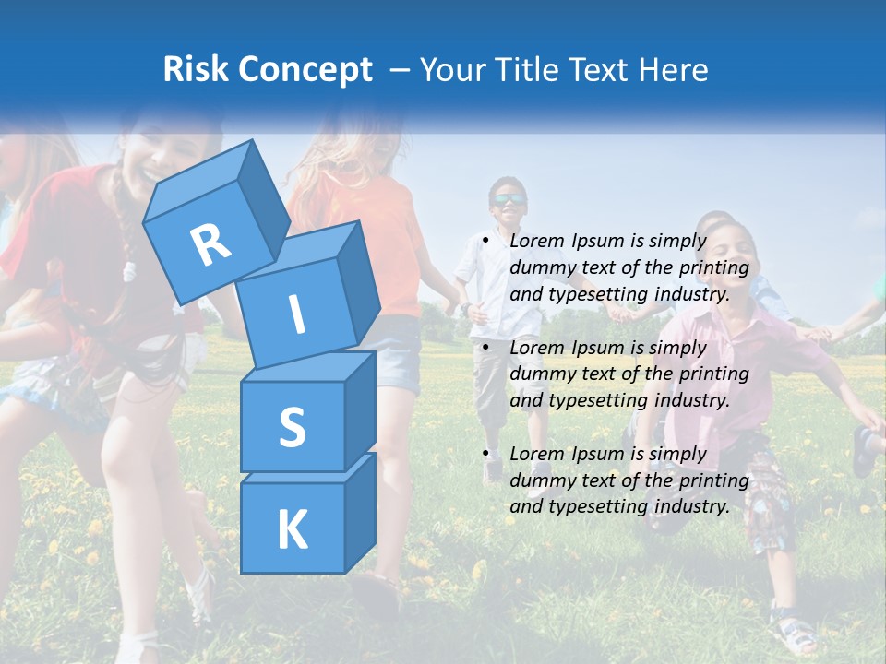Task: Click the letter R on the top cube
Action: [x=210, y=244]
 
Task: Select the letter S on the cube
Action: [x=292, y=427]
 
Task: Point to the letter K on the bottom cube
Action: [x=292, y=529]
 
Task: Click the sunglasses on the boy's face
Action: [x=508, y=199]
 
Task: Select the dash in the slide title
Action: [x=400, y=69]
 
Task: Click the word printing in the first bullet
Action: [x=715, y=267]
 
